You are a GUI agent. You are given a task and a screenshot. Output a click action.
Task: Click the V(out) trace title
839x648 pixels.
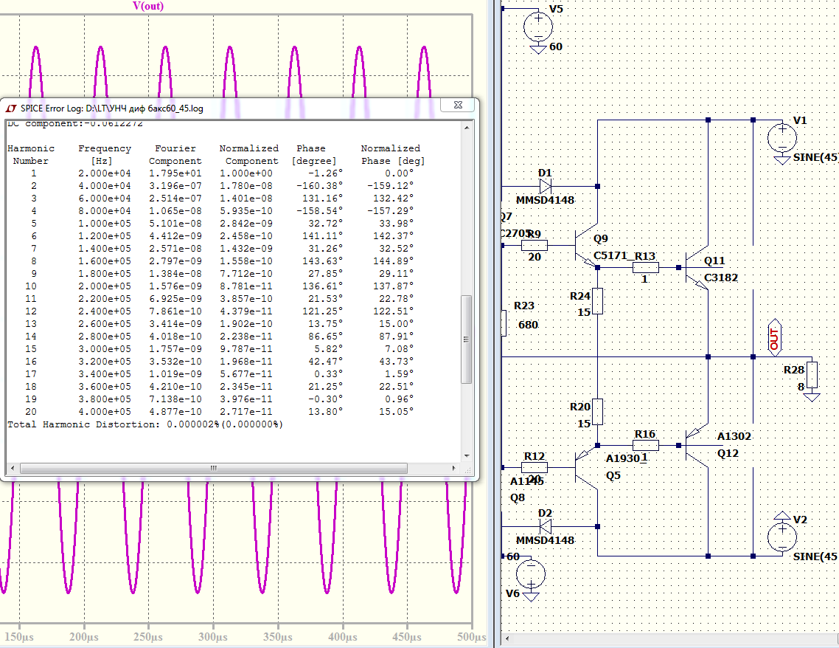pos(148,7)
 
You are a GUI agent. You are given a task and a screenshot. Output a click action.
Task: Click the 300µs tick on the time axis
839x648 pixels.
pos(213,635)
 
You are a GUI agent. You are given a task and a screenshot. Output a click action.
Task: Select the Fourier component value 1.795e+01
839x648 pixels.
pos(175,173)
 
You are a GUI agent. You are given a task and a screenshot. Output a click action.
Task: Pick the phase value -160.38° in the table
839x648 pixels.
pos(314,185)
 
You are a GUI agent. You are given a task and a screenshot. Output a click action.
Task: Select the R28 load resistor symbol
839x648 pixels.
pos(812,375)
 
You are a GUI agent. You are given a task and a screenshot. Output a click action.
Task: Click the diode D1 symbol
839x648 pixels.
pos(545,187)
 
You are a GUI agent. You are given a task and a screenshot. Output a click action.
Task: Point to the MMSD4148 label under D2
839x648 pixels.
pos(545,540)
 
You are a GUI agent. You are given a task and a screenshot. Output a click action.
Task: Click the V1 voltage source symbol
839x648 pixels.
pos(781,137)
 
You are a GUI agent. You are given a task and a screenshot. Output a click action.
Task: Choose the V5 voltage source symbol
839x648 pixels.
pos(537,27)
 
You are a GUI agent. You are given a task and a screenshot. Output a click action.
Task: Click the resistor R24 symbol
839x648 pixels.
pos(597,301)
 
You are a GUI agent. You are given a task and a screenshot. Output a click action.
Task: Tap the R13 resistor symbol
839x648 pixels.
pos(645,268)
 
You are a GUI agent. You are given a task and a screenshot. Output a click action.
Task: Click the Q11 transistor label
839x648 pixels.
pos(714,261)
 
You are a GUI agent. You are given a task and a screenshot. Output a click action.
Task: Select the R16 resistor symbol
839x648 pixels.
pos(645,445)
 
